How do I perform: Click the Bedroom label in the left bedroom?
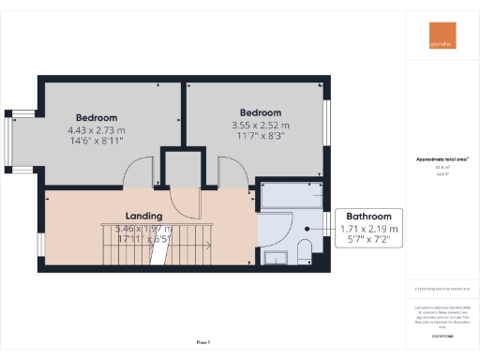[x=97, y=118]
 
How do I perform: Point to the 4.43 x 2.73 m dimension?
[x=97, y=130]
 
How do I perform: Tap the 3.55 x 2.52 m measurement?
[x=261, y=125]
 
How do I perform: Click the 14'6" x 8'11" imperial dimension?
[x=97, y=142]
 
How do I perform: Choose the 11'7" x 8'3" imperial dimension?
[x=261, y=137]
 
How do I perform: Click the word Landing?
[x=146, y=214]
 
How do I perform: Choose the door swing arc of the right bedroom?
[x=230, y=170]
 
